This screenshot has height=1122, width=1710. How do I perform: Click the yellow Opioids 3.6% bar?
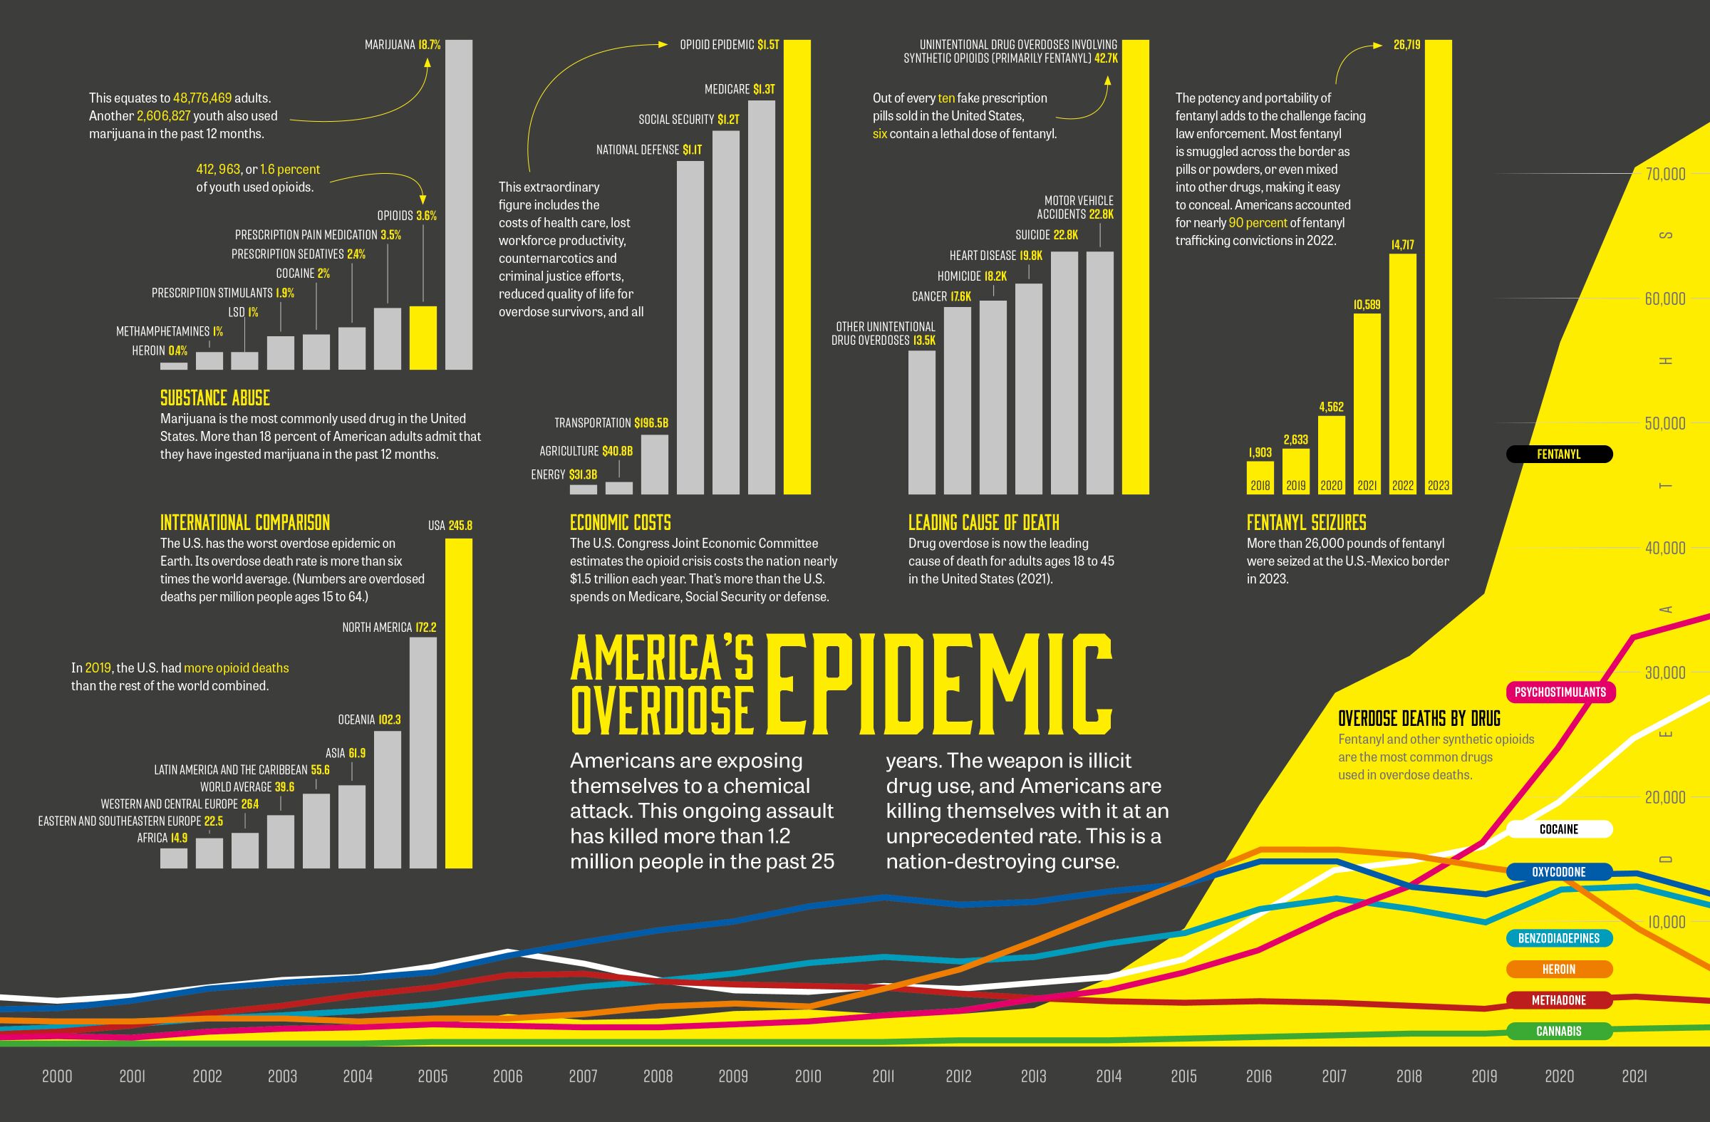(x=423, y=338)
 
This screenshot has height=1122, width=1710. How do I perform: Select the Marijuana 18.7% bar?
(x=458, y=204)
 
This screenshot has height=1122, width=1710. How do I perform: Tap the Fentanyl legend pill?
(x=1558, y=454)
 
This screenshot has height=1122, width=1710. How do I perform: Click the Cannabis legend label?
(x=1558, y=1031)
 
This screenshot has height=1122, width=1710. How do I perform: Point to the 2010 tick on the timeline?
(x=807, y=1076)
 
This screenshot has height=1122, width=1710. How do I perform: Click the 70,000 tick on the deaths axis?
(x=1664, y=174)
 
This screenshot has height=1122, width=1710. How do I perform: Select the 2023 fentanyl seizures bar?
(x=1438, y=266)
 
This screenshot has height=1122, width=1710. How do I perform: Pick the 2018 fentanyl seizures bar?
(x=1260, y=478)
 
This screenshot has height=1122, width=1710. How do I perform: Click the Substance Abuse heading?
(x=215, y=398)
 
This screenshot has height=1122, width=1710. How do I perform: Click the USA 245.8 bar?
(x=458, y=704)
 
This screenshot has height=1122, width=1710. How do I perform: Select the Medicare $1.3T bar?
(x=761, y=297)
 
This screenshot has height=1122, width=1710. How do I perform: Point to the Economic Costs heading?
(x=620, y=522)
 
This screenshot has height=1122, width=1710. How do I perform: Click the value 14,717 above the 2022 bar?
(x=1402, y=245)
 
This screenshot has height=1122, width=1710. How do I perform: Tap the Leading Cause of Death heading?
(x=983, y=522)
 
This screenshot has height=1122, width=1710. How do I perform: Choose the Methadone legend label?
(x=1558, y=1000)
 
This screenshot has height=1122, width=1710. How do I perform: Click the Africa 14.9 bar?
(x=173, y=858)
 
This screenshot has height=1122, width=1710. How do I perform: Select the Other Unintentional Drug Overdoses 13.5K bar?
(x=921, y=422)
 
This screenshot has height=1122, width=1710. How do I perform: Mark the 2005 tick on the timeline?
(x=432, y=1076)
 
